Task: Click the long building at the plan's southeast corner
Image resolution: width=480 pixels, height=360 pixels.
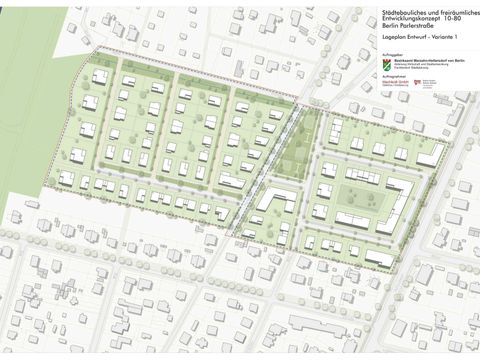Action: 380,258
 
